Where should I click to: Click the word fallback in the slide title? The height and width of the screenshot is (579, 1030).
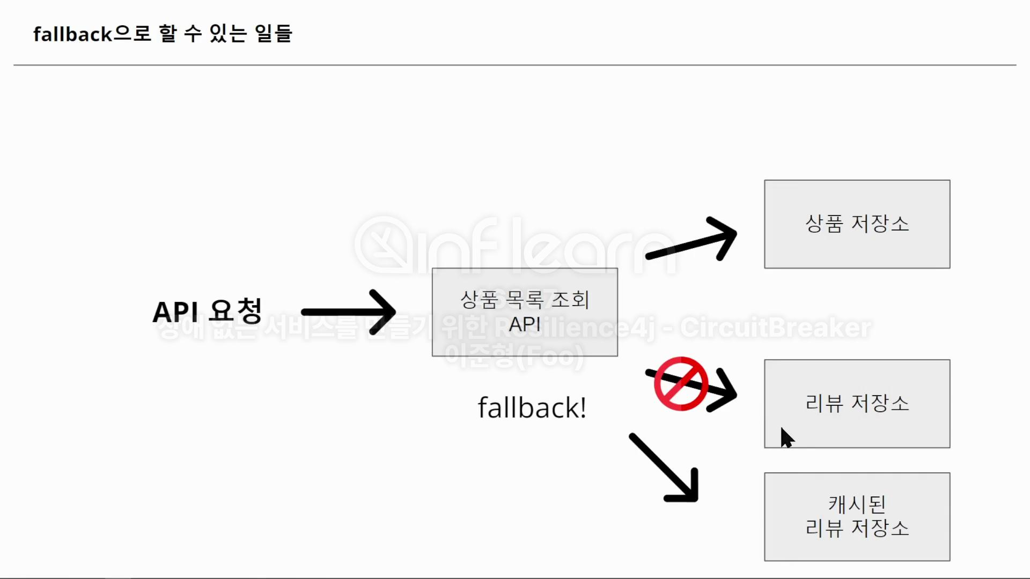(72, 34)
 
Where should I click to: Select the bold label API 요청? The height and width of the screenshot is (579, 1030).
(207, 311)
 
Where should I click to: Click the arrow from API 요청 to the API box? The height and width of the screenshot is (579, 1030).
(349, 312)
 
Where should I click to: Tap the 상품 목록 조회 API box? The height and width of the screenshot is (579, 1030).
(525, 312)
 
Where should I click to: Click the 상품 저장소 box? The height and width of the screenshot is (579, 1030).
(857, 224)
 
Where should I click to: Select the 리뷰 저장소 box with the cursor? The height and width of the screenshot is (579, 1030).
(857, 403)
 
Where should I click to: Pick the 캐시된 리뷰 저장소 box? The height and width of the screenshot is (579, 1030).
(857, 516)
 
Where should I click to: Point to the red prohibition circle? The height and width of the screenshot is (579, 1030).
(681, 384)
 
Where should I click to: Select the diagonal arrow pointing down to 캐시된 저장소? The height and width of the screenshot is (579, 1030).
(666, 469)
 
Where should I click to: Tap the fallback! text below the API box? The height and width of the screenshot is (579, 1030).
(532, 408)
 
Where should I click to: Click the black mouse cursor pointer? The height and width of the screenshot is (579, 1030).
(786, 437)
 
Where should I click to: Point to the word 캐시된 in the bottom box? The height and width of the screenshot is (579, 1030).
(857, 504)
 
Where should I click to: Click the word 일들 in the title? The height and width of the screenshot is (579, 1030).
(274, 34)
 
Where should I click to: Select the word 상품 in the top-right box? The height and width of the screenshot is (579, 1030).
(824, 224)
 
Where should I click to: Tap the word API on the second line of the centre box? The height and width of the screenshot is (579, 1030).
(525, 324)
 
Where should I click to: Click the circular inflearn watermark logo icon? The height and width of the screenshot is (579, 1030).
(384, 245)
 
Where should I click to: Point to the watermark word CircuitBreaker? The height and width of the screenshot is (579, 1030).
(776, 328)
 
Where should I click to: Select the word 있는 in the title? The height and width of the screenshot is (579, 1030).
(227, 34)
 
